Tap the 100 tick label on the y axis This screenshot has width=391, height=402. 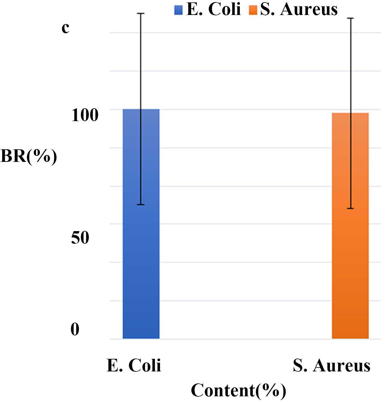click(85, 115)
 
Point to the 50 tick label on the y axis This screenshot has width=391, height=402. click(80, 238)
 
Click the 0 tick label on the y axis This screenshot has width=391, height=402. click(75, 329)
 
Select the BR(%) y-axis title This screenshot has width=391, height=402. click(29, 156)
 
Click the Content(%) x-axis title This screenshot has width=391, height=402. click(239, 391)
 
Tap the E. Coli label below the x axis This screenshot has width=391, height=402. click(134, 365)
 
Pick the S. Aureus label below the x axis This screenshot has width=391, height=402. click(332, 366)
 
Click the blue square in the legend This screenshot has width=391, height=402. click(178, 10)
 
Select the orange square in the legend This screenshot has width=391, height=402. click(253, 10)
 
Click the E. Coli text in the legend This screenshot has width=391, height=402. click(214, 9)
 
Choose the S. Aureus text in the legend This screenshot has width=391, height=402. click(299, 9)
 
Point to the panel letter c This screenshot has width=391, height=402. click(65, 28)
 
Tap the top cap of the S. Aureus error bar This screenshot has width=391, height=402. click(350, 18)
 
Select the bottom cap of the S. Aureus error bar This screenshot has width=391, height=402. click(350, 208)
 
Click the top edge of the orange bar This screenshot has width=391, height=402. click(350, 113)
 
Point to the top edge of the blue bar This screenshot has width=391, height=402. click(141, 109)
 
